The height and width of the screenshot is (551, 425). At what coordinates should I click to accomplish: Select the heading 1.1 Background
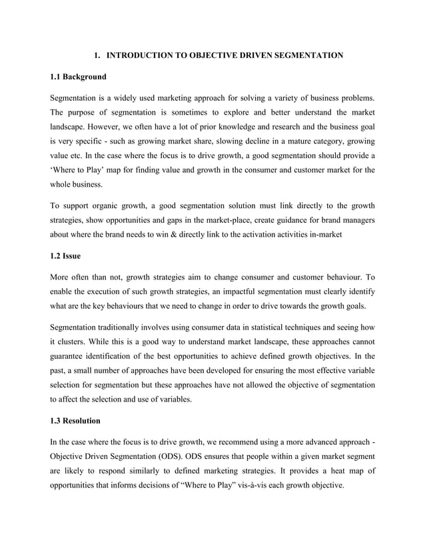click(x=78, y=77)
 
